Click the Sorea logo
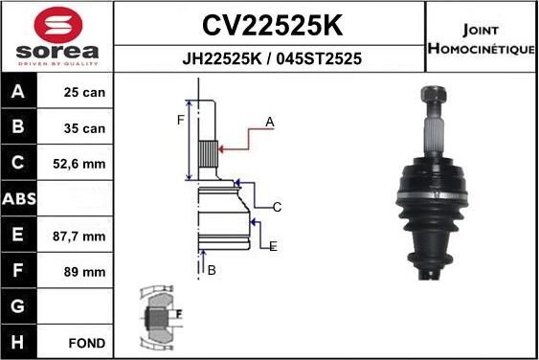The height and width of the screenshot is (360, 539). pos(57,35)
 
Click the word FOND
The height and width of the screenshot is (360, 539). pos(87,343)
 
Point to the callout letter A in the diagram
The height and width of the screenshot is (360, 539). pos(270,122)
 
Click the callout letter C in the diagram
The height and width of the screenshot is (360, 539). pos(276,207)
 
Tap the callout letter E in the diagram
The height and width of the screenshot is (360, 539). pos(273,246)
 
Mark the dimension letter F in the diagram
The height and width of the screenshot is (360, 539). pos(178,120)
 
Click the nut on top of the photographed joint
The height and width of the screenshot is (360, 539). pos(428,97)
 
